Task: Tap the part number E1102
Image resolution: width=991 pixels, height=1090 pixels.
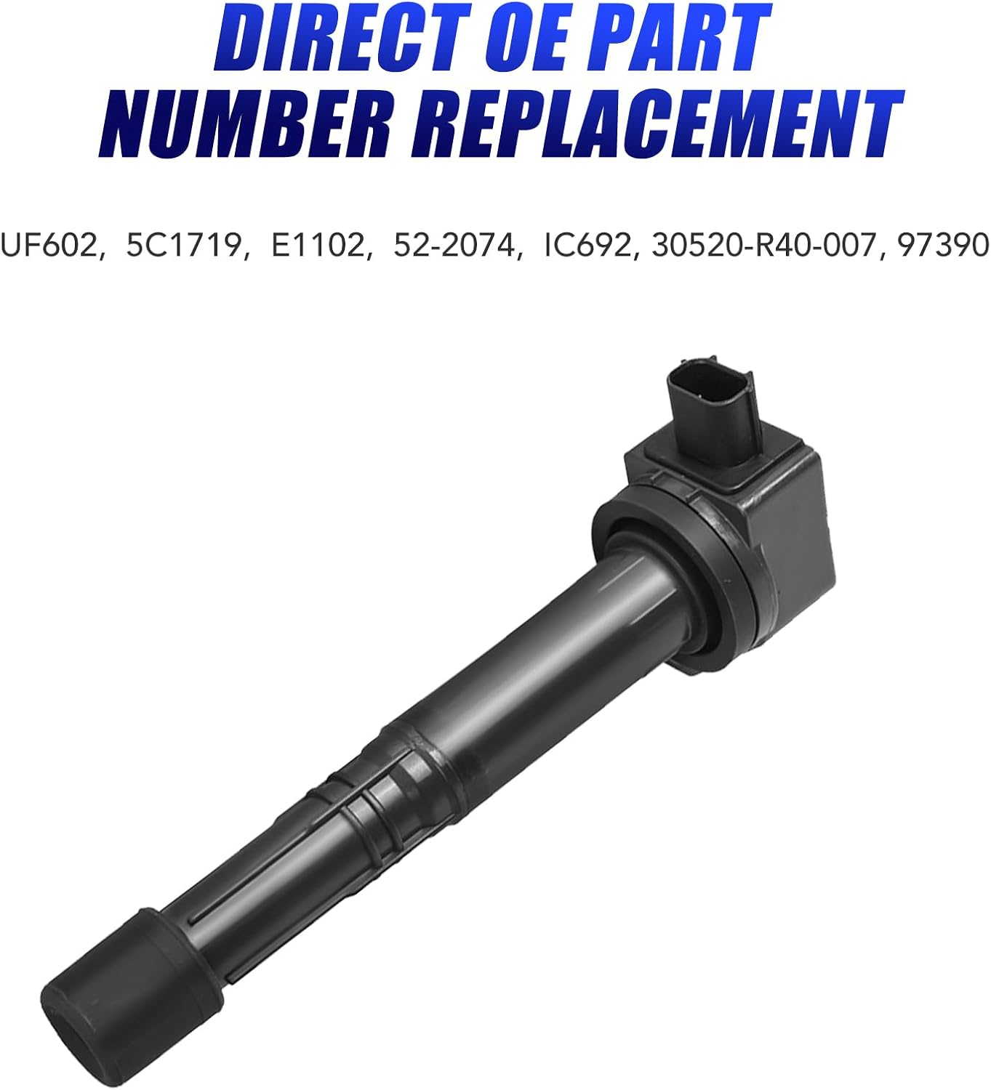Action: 318,246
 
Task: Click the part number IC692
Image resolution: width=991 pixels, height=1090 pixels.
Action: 587,246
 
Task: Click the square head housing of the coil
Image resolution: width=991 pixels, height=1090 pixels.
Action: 771,523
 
